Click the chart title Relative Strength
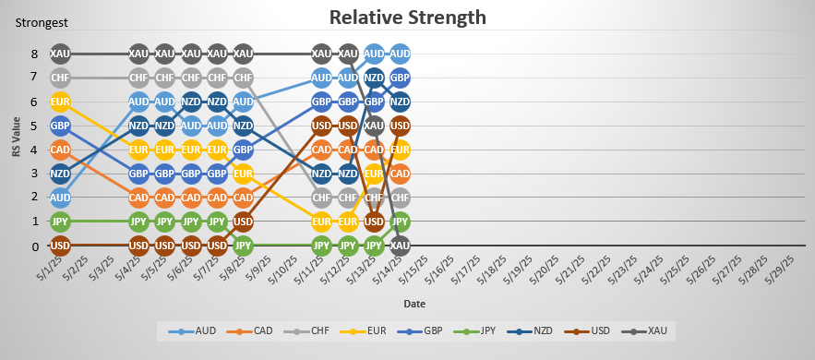pos(407,17)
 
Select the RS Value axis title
pos(15,150)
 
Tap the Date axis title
pos(414,303)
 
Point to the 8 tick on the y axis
pos(34,54)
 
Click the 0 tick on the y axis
pos(34,246)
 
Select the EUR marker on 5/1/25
pos(60,102)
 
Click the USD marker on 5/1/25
pos(60,246)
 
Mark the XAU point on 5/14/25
pos(400,246)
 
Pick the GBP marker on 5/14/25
pos(400,78)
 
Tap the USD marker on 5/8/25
pos(243,222)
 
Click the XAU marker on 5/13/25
pos(374,126)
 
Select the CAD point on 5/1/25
pos(60,150)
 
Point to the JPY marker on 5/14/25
pos(400,222)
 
